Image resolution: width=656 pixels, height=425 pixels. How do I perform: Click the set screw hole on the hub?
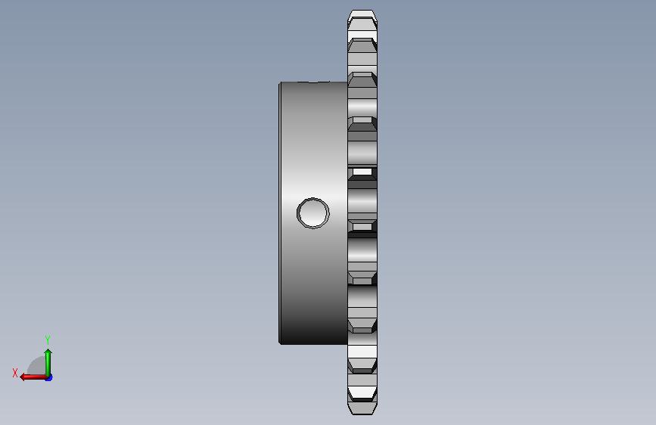point(313,213)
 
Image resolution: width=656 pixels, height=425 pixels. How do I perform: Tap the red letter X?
point(15,373)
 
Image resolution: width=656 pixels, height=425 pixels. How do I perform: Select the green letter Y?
point(48,340)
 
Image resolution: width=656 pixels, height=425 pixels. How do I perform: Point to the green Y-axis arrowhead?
point(48,352)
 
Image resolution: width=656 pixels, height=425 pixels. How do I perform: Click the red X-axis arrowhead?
point(23,377)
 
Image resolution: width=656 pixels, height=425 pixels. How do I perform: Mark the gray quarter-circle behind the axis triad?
point(37,366)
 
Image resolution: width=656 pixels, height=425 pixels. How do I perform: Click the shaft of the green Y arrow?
point(48,365)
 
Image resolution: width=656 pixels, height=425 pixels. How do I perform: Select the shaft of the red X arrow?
point(36,377)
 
